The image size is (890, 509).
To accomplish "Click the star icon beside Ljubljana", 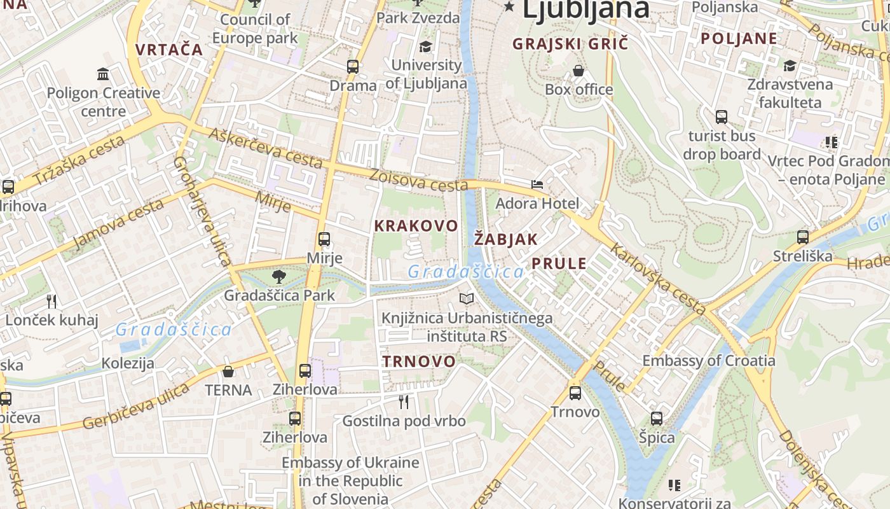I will click(509, 7).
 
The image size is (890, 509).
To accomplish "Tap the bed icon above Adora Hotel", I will click(537, 185).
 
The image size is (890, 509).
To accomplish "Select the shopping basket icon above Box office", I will click(578, 71).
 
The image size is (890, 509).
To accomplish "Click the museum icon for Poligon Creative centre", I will click(103, 74).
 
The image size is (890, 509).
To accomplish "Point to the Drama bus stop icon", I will click(353, 66).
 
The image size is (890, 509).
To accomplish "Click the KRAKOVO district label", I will click(416, 226).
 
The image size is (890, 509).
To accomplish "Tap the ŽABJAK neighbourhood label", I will click(506, 240).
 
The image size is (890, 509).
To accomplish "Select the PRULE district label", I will click(559, 263).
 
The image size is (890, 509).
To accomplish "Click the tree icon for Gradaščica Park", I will click(278, 277).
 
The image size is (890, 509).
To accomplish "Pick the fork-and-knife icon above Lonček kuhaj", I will click(51, 301).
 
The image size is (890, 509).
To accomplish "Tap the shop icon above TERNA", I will click(228, 372).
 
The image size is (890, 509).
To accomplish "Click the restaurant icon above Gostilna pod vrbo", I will click(404, 401).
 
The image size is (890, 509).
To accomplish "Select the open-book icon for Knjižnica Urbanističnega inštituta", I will click(467, 298).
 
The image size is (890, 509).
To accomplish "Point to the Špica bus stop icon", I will click(657, 419).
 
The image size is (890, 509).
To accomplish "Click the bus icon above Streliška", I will click(803, 237).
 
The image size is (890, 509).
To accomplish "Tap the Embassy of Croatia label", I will click(708, 361).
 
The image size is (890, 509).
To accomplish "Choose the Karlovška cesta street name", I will click(657, 279).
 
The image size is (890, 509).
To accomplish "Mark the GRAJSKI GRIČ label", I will click(570, 44).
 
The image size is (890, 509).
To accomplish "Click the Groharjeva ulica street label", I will click(202, 211).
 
